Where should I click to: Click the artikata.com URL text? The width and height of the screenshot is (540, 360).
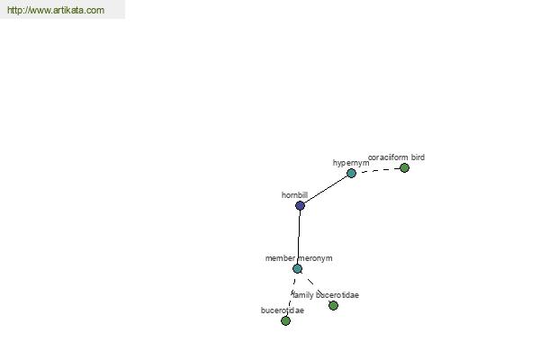point(56,10)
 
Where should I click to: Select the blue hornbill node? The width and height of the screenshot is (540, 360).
point(300,206)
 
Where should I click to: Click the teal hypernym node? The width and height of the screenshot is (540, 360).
point(351,174)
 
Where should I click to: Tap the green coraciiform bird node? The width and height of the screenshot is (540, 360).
point(405,168)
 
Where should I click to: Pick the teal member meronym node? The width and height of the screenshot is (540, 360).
point(298,269)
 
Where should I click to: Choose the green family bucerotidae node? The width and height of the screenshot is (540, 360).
point(333,306)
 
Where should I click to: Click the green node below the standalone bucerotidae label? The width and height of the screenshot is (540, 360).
point(285,321)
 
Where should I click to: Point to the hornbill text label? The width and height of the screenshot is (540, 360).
point(294,195)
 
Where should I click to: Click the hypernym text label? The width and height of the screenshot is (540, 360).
point(351,163)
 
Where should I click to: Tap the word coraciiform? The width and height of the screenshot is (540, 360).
point(388,157)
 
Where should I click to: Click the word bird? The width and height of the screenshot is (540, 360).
point(418,157)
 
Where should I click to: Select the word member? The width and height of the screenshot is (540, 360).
point(280,258)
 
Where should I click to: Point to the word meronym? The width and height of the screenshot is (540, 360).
point(315,258)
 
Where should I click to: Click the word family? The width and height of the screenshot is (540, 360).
point(303,295)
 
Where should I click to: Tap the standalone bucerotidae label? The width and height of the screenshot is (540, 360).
point(283,310)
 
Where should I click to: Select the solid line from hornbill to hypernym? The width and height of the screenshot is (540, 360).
point(326,190)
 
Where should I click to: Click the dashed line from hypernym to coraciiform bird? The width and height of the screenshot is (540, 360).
point(380,170)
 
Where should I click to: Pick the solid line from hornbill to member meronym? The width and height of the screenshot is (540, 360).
point(299,237)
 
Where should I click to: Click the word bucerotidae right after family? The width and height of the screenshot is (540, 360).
point(337,295)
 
